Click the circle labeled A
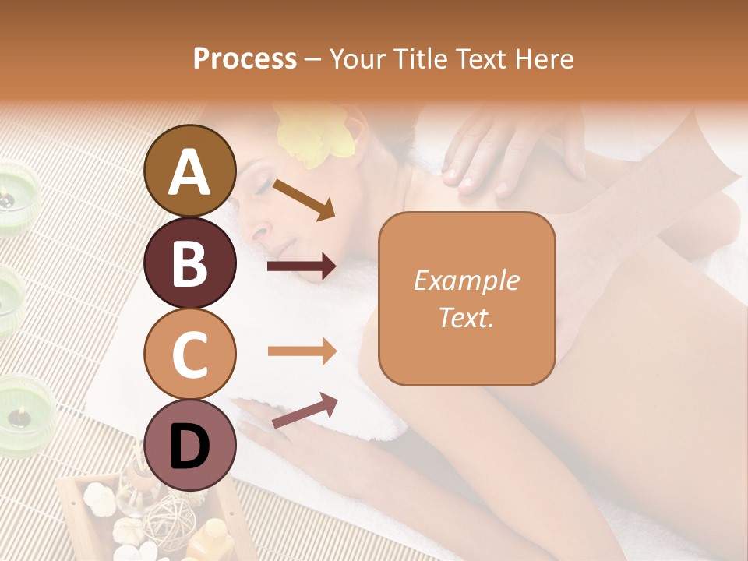click(189, 171)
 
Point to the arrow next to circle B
click(302, 267)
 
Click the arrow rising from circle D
click(304, 411)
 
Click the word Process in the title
click(245, 58)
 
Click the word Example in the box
click(466, 280)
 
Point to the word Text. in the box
click(466, 317)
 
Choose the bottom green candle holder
click(23, 409)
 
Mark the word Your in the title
click(357, 58)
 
